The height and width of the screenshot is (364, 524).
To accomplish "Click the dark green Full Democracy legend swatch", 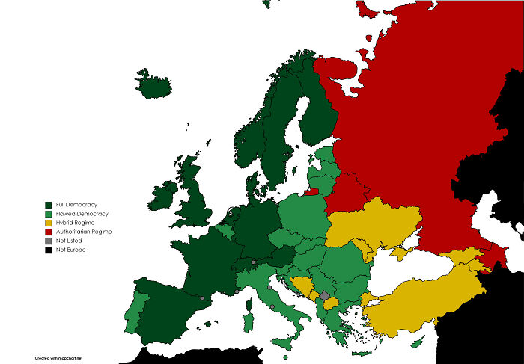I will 49,205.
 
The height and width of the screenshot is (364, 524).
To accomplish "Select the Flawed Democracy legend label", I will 82,214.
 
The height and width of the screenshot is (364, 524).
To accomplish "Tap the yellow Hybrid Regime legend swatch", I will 49,223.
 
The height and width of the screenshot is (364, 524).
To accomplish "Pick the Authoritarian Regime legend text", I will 84,232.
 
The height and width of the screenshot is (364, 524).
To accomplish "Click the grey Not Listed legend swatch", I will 49,241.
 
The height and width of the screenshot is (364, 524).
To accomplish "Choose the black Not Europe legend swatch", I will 49,250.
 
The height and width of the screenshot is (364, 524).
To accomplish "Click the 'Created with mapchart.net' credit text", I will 58,358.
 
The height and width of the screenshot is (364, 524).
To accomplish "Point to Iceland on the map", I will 155,84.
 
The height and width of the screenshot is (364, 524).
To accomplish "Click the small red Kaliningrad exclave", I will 311,191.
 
